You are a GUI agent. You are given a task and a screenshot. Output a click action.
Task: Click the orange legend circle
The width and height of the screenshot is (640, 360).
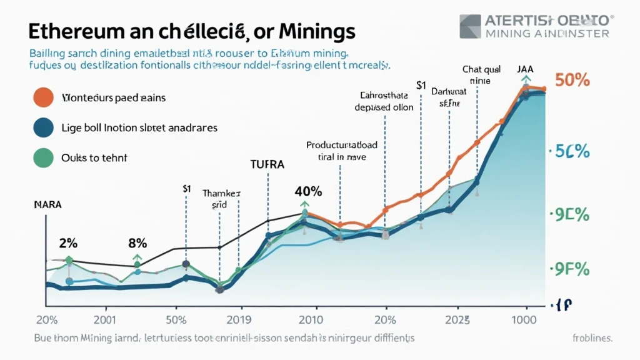point(43,97)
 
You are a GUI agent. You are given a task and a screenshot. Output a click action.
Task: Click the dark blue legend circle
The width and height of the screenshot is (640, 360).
point(43,127)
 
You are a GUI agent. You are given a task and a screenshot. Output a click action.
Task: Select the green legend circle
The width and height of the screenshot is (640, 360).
point(43,157)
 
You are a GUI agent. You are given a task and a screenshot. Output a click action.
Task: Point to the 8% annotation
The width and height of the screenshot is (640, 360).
point(137,242)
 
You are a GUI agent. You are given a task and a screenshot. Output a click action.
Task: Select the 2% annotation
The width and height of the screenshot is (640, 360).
point(67,242)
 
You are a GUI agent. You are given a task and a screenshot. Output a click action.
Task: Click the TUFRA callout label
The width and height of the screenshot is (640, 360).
point(268,165)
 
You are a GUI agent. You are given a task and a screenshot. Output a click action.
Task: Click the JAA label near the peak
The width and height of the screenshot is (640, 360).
point(525,71)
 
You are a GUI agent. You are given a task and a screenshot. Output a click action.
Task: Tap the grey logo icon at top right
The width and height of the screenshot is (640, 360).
point(471,26)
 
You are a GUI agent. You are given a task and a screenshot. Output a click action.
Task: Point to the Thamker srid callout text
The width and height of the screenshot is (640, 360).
point(220,199)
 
